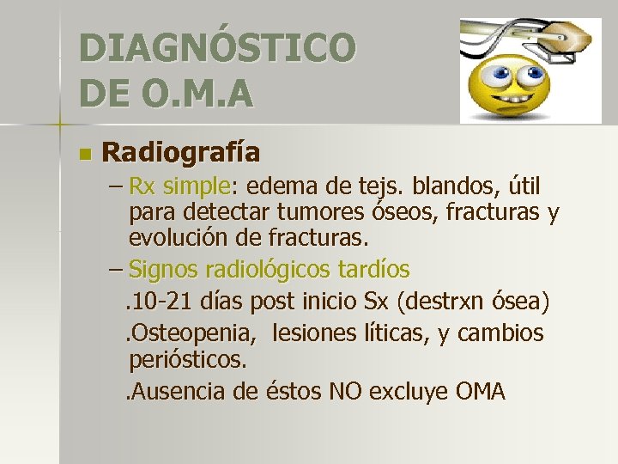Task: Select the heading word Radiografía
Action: click(181, 152)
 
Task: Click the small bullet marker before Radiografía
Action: click(83, 155)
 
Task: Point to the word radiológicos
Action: click(269, 270)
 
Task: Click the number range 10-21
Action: click(163, 302)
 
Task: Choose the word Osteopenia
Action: click(182, 333)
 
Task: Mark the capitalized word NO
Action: click(342, 392)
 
